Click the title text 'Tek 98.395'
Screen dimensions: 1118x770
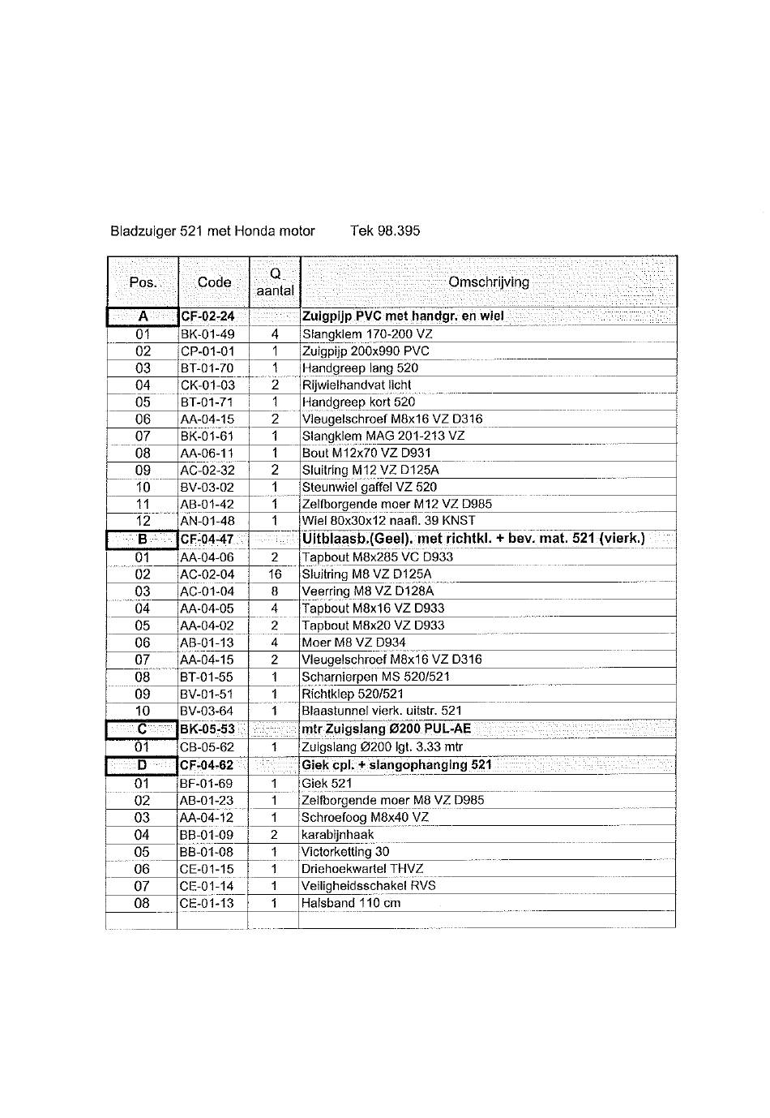tap(385, 231)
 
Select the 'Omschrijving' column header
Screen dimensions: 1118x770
tap(488, 282)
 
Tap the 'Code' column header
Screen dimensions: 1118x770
tap(214, 282)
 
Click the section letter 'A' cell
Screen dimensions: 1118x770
tap(143, 316)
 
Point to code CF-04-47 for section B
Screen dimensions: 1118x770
tap(207, 540)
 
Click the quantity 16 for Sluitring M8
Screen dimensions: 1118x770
tap(275, 574)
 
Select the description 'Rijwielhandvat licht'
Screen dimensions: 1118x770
tap(357, 385)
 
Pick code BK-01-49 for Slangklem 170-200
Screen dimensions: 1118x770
tap(207, 334)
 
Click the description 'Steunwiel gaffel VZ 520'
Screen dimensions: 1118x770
tap(369, 488)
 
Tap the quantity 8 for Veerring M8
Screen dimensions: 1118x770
tap(275, 591)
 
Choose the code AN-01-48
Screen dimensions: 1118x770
tap(207, 521)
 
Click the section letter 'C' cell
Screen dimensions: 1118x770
tap(142, 729)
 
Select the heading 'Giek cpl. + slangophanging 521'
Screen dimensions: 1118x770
tap(396, 765)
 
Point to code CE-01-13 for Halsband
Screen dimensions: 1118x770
tap(207, 903)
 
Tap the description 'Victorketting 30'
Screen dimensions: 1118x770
tap(345, 852)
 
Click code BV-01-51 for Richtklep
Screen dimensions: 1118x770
tap(207, 694)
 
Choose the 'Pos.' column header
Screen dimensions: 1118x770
tap(143, 282)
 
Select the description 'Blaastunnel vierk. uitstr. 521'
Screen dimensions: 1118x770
tap(381, 712)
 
